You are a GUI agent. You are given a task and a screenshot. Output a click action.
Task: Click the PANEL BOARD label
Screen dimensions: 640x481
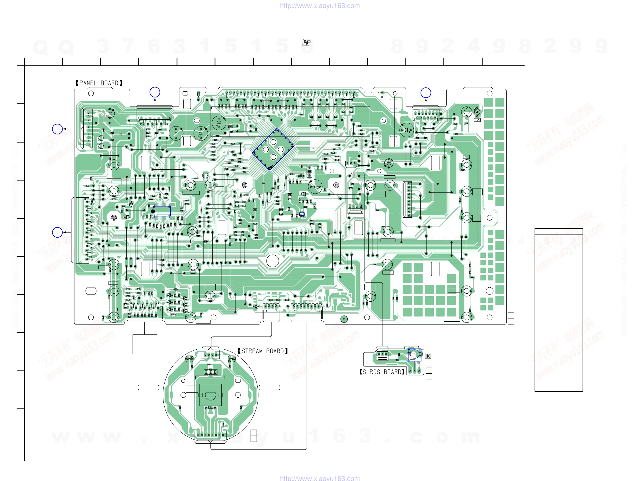tap(99, 83)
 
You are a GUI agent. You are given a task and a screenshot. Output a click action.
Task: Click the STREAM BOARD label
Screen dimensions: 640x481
tap(263, 351)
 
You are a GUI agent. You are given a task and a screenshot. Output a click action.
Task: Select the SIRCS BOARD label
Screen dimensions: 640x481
tap(382, 372)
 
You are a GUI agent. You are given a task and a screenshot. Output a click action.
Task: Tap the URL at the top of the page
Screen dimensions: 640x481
tap(320, 6)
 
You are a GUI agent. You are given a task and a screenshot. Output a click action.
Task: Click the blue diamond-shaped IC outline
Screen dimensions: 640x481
tap(273, 149)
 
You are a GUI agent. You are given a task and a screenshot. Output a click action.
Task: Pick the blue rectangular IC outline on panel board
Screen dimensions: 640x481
tap(162, 211)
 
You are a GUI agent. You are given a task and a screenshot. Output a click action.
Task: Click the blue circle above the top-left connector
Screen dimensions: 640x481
tap(155, 92)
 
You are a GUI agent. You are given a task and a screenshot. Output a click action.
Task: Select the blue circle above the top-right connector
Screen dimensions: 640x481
tap(426, 93)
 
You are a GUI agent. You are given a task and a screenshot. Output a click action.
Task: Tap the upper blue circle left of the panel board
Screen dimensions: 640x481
tap(57, 129)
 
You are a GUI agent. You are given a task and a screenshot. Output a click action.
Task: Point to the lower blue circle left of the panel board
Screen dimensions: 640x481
tap(57, 232)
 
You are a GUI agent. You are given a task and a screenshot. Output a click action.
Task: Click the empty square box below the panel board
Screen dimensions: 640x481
tap(145, 344)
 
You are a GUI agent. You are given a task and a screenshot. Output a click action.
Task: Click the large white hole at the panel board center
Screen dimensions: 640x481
tap(272, 260)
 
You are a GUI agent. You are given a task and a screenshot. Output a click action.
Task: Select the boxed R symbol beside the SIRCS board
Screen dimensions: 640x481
tap(428, 356)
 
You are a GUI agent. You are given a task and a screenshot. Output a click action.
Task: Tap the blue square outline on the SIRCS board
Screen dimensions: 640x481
tap(414, 355)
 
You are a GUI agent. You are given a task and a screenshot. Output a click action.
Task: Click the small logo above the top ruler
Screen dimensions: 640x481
tap(306, 43)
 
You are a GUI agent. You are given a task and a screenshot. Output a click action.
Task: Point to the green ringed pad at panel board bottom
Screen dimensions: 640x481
tap(344, 319)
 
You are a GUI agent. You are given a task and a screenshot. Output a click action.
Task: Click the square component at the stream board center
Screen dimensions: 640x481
tap(211, 395)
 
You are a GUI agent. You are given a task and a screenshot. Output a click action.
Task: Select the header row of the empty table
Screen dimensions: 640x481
tap(558, 232)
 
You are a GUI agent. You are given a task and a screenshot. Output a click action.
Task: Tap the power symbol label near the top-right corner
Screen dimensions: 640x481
tap(477, 120)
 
